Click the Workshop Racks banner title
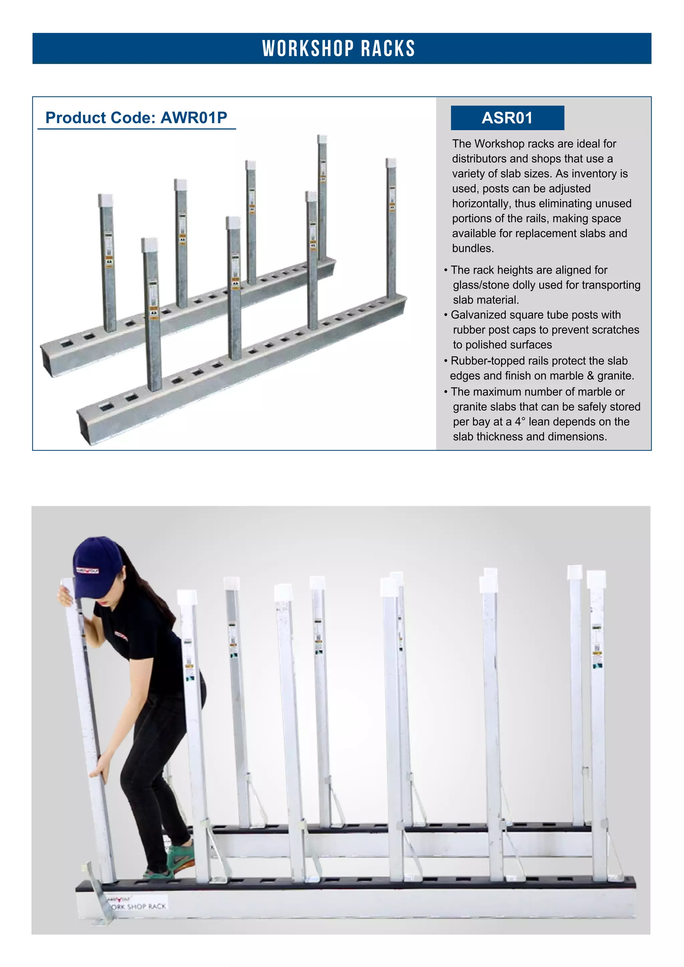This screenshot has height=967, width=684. [339, 48]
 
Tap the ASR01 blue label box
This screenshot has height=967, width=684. [507, 118]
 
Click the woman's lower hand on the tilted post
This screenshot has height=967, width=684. [100, 771]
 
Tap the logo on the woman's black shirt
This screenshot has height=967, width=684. [121, 636]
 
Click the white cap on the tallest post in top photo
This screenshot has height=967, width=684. [322, 139]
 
